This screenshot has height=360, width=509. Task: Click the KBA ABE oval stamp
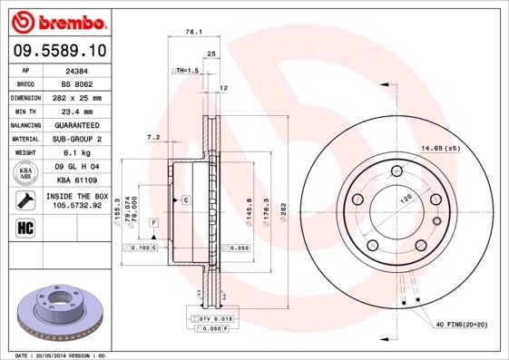[x=25, y=172]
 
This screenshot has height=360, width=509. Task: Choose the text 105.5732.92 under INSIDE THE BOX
[x=76, y=205]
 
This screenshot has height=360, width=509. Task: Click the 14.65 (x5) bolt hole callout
[x=439, y=148]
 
